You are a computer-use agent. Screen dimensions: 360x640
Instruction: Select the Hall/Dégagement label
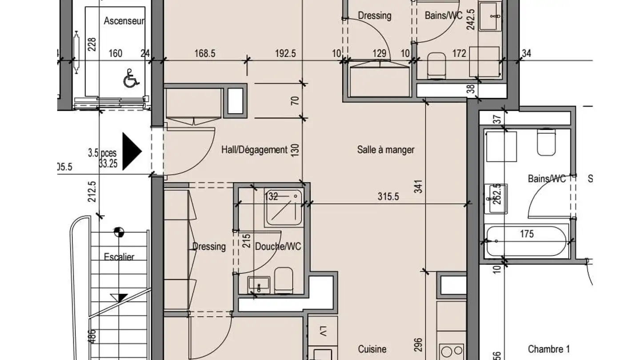[x=254, y=150]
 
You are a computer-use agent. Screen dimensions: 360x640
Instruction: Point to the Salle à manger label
[x=385, y=150]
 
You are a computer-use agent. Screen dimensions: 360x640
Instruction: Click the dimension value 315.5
[x=388, y=196]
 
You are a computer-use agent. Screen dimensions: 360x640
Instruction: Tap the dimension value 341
[x=418, y=187]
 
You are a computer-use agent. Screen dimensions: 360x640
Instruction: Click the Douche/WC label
[x=278, y=246]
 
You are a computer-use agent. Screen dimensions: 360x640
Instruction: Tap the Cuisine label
[x=372, y=349]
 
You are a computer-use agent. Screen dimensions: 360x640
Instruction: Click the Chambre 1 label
[x=548, y=349]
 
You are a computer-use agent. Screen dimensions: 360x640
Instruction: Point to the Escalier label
[x=119, y=257]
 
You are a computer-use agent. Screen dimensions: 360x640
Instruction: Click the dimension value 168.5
[x=205, y=54]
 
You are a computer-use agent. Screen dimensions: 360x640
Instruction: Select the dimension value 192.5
[x=285, y=54]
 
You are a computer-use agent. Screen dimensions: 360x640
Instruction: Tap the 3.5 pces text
[x=102, y=153]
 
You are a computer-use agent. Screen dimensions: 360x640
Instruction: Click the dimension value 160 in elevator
[x=115, y=54]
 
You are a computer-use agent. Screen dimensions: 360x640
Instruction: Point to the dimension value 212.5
[x=92, y=191]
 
